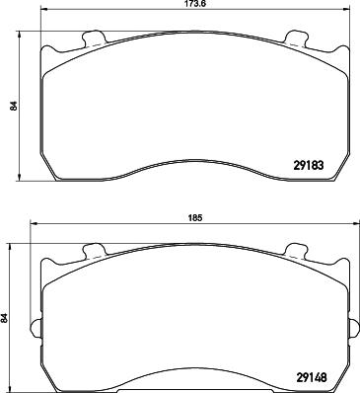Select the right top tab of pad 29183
tap(293, 39)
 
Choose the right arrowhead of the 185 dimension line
tap(346, 226)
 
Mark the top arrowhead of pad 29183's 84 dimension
tap(22, 36)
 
